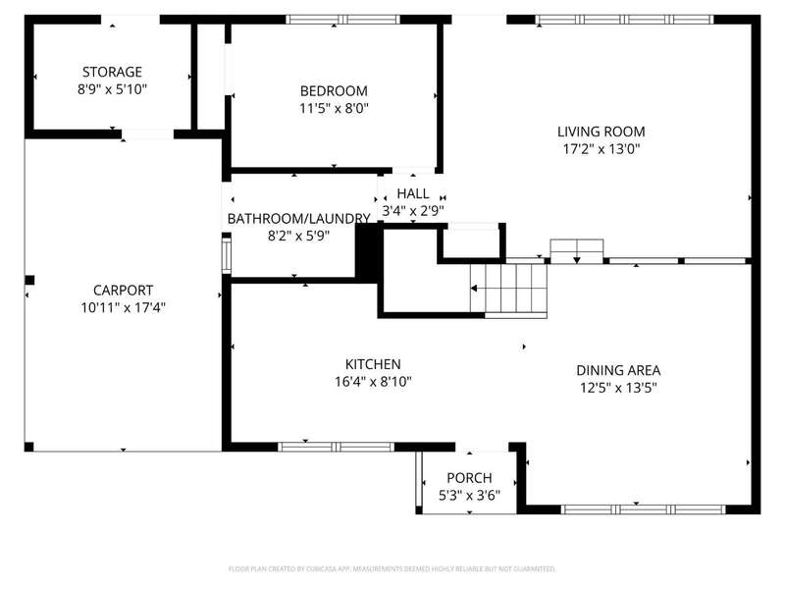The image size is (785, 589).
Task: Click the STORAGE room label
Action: (x=112, y=72)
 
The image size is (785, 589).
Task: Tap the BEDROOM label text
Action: (x=334, y=91)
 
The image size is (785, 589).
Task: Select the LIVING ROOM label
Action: (x=602, y=132)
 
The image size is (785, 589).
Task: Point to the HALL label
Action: (x=413, y=193)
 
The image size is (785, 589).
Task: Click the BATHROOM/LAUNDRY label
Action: (x=299, y=219)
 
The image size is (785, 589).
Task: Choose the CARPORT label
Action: (x=124, y=291)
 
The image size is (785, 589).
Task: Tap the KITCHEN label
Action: (x=373, y=364)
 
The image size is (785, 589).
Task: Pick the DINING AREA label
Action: (x=618, y=371)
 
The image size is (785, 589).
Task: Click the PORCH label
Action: (x=470, y=478)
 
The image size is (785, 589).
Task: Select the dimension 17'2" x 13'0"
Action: (x=602, y=149)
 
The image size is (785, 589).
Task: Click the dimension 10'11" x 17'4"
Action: (x=124, y=307)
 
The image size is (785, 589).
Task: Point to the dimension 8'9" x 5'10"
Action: (x=112, y=89)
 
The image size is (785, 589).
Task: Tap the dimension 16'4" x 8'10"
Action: (x=373, y=382)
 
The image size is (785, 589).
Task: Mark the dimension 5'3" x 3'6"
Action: (x=470, y=496)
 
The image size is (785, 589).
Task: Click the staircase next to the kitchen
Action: (x=508, y=289)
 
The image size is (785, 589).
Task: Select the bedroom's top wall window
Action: (x=342, y=20)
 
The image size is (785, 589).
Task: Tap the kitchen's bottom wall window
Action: (x=336, y=447)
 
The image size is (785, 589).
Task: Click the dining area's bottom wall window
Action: (x=643, y=509)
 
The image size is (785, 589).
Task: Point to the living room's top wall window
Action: (x=624, y=20)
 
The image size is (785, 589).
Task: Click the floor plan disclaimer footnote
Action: (x=392, y=569)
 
